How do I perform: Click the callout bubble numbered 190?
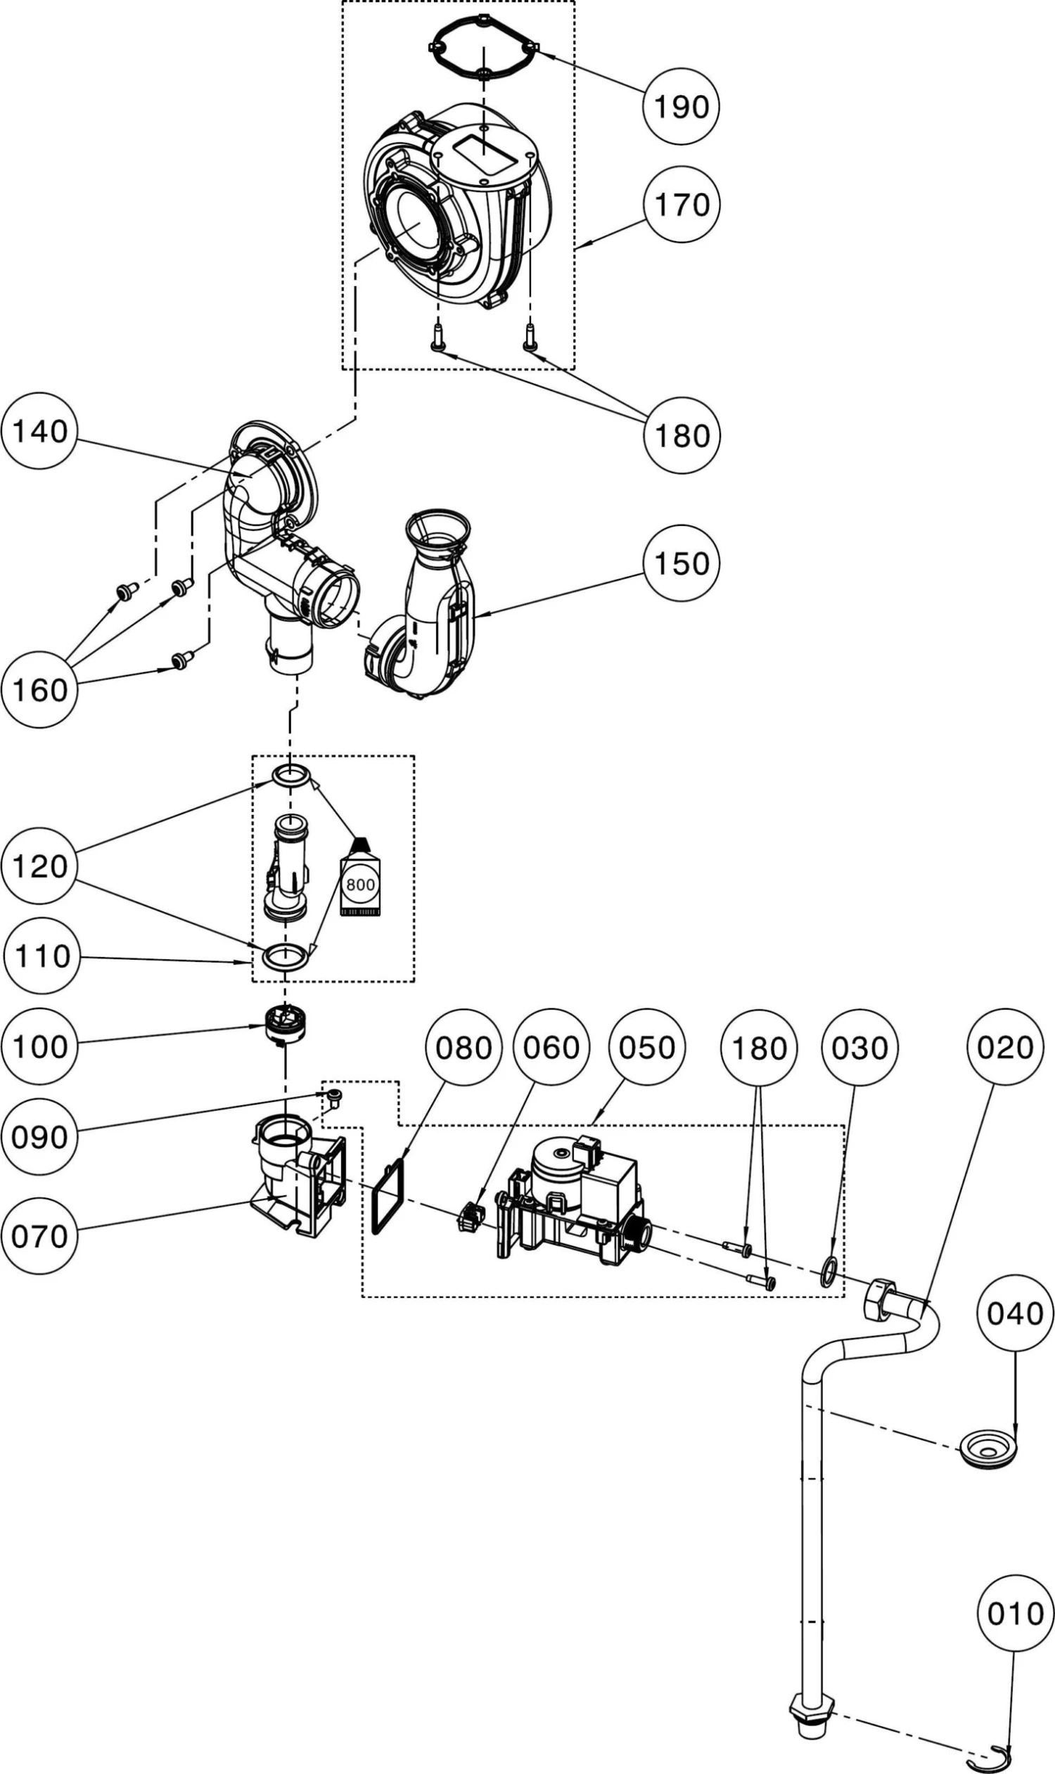(681, 107)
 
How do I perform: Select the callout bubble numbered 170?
(681, 205)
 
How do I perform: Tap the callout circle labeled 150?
(681, 563)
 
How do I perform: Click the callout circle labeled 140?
(40, 431)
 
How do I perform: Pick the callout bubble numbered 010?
(1014, 1614)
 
